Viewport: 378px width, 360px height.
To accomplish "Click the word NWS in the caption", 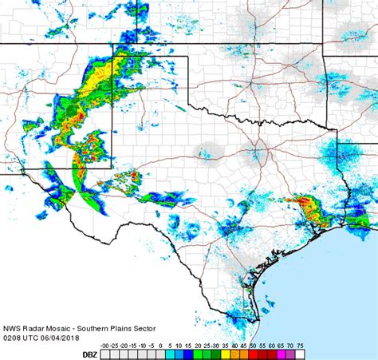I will point(12,328).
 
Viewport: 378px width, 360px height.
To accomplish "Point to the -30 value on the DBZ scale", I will point(108,346).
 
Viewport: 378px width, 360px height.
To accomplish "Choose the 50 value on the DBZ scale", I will point(253,346).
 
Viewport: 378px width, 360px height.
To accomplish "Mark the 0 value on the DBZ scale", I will point(160,346).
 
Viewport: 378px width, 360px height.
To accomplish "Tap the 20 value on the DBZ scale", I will point(197,346).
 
